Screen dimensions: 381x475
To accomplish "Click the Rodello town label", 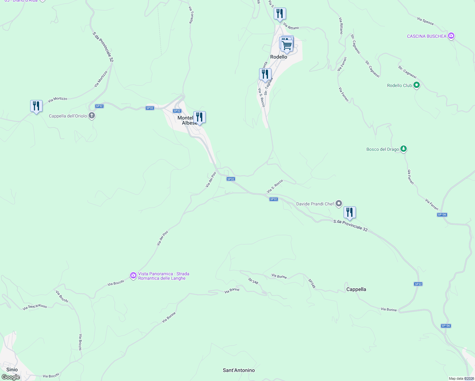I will coord(278,57).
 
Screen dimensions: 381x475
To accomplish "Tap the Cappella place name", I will coord(356,289).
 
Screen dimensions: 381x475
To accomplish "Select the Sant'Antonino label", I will coord(239,370).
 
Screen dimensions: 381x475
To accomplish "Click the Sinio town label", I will coord(12,370).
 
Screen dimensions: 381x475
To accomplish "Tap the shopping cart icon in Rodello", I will coord(287,46).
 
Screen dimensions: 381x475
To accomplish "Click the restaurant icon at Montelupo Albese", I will coord(199,117).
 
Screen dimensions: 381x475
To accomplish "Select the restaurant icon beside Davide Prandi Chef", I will coord(350,212).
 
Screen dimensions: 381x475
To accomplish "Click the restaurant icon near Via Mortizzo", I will coord(36,106).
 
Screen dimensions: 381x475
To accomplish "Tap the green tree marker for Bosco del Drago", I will coord(403,149).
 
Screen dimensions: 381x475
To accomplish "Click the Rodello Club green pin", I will coord(417,85).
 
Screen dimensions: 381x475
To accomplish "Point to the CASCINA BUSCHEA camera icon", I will coord(451,36).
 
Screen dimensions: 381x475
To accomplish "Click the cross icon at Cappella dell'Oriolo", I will coord(92,116).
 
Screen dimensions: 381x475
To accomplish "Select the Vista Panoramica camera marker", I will coord(133,275).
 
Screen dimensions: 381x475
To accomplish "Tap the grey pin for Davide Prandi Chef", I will coord(339,203).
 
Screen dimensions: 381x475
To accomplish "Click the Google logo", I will coord(10,377).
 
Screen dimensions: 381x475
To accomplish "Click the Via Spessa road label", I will coord(425,21).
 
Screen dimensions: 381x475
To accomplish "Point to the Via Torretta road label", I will coord(191,15).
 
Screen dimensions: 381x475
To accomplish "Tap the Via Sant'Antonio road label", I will coord(35,307).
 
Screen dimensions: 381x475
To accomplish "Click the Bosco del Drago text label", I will coord(382,149).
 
